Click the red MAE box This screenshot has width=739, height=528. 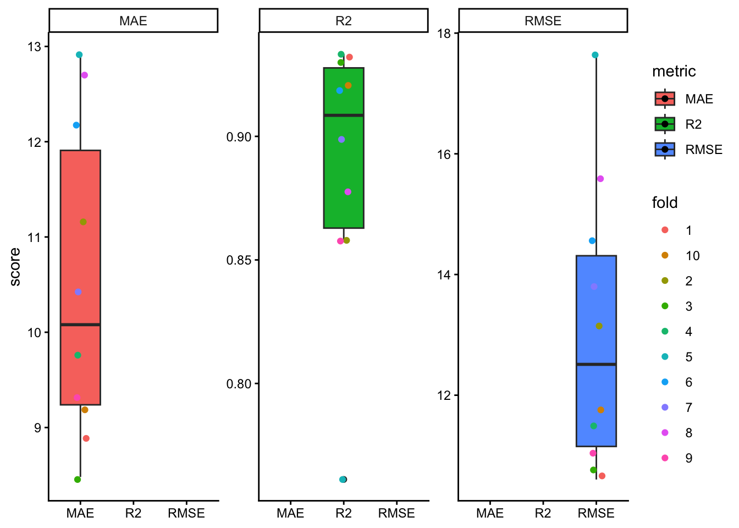(80, 264)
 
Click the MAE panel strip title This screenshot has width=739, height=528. (133, 21)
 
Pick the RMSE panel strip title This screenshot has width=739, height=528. (543, 21)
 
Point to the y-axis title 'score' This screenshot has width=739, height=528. (15, 267)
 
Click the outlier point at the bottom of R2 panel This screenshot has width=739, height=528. (343, 480)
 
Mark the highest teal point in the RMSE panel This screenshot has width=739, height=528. (595, 55)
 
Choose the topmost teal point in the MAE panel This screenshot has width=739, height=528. (79, 55)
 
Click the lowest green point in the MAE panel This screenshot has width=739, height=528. (78, 480)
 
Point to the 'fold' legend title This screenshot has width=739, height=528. (664, 203)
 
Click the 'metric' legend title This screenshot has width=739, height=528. (674, 71)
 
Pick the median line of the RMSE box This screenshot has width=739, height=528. (596, 364)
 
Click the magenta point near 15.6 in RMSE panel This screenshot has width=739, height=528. (600, 179)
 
